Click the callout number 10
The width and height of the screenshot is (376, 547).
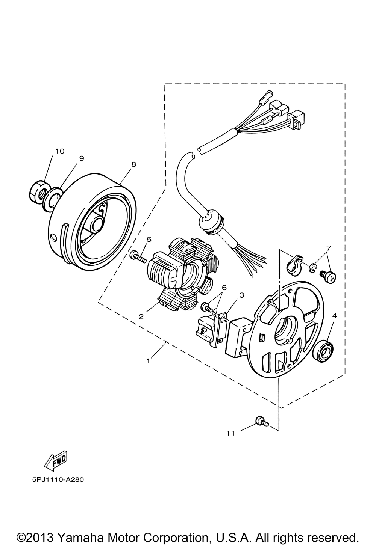pos(60,151)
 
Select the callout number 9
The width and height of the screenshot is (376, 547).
pos(82,158)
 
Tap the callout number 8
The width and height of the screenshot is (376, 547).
pos(133,164)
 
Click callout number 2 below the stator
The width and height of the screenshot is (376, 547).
pos(141,317)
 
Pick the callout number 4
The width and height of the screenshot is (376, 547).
pos(334,316)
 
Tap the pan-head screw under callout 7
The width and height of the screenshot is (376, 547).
pos(328,277)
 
